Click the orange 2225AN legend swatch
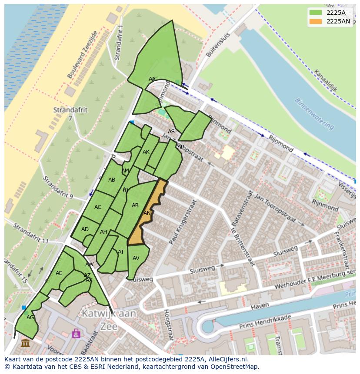pos(315,21)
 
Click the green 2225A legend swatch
pos(315,12)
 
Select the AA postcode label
pos(152,79)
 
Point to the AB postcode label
pos(112,180)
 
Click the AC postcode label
pos(98,207)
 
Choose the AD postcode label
pos(85,229)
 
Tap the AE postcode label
pos(59,273)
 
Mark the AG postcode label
pos(30,318)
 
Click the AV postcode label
pos(136,258)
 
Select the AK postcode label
pos(146,152)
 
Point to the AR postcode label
pos(135,205)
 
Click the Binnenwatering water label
pos(314,114)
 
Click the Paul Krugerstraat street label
pos(183,222)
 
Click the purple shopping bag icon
pos(76,333)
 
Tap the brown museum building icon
pos(25,343)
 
